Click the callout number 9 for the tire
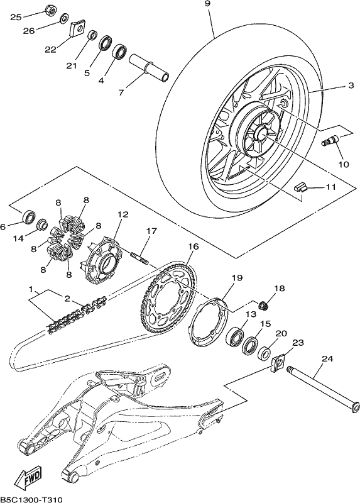pyautogui.click(x=207, y=4)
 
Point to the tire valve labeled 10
pyautogui.click(x=331, y=140)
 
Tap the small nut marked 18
pyautogui.click(x=263, y=305)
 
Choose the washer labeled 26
pyautogui.click(x=64, y=19)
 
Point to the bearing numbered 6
pyautogui.click(x=28, y=217)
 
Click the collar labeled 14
pyautogui.click(x=41, y=224)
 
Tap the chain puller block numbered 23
pyautogui.click(x=278, y=364)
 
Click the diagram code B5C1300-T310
pyautogui.click(x=31, y=499)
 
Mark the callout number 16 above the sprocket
pyautogui.click(x=194, y=246)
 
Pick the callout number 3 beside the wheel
pyautogui.click(x=351, y=86)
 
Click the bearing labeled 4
pyautogui.click(x=120, y=52)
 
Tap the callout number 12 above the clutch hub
pyautogui.click(x=123, y=214)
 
